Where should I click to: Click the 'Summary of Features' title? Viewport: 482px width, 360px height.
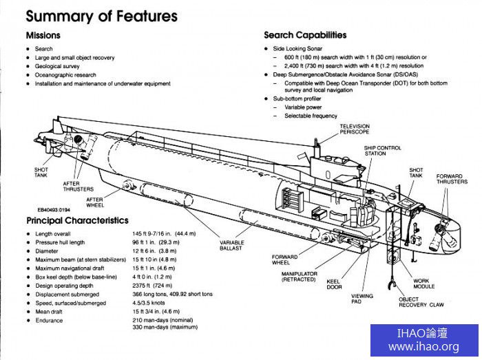pos(101,15)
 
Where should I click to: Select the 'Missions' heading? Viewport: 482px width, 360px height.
pos(43,35)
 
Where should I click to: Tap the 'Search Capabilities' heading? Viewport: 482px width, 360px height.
pos(305,35)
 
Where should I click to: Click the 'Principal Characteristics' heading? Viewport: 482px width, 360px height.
pos(77,220)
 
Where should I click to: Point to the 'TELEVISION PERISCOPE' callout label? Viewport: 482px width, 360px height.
pos(355,129)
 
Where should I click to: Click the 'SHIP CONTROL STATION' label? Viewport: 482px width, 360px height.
pos(383,150)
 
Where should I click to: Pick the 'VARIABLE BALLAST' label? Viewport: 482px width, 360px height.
pos(232,246)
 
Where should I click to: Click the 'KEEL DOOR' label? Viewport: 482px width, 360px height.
pos(333,284)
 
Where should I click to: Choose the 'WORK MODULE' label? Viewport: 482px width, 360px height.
pos(423,284)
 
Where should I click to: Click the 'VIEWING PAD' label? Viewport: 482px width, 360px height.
pos(361,299)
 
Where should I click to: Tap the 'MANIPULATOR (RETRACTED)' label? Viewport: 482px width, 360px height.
pos(298,277)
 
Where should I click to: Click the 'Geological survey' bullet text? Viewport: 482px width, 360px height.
pos(60,67)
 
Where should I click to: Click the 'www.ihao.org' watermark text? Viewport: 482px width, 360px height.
pos(423,347)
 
